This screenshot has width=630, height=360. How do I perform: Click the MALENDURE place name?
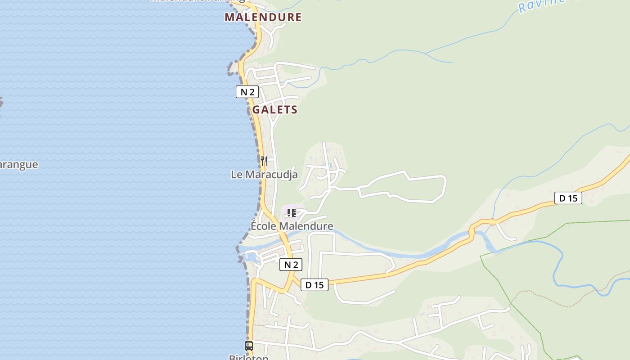[x=263, y=17]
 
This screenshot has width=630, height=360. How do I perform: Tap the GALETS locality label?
[x=274, y=109]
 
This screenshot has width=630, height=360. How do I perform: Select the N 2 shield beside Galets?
[x=247, y=92]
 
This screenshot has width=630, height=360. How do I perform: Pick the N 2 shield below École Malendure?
[x=291, y=265]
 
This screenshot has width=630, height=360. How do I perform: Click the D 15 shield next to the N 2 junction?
[x=314, y=284]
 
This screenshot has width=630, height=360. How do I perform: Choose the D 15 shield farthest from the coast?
[x=568, y=198]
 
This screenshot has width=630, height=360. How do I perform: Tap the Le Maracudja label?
[x=264, y=174]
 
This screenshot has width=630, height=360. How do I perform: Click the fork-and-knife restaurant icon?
[x=264, y=161]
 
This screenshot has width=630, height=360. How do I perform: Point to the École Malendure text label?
[x=292, y=226]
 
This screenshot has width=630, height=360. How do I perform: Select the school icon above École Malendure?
[x=291, y=212]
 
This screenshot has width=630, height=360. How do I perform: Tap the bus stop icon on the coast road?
[x=248, y=346]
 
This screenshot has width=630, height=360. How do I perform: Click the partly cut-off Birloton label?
[x=248, y=357]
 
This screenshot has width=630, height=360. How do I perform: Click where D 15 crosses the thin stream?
[x=492, y=221]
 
